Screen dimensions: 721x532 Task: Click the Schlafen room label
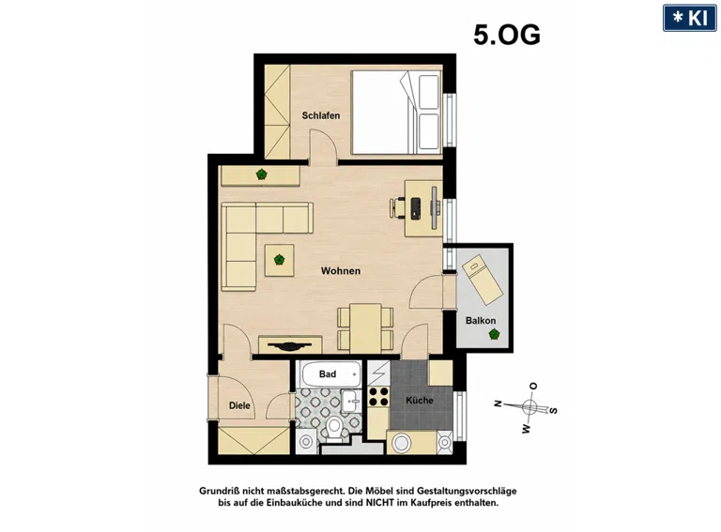pos(321,115)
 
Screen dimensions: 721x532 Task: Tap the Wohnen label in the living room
pos(341,271)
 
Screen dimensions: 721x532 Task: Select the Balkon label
pos(481,321)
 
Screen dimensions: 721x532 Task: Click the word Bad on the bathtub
pos(328,374)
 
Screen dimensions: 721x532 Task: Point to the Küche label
pos(420,400)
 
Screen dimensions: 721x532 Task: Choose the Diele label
pos(239,405)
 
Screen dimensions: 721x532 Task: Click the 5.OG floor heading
pos(507,35)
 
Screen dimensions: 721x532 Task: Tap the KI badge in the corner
pos(690,18)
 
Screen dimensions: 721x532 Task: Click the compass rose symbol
pos(529,407)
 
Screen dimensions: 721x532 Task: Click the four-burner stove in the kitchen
pos(378,397)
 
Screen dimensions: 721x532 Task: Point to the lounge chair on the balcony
pos(483,280)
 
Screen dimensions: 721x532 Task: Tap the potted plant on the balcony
pos(495,334)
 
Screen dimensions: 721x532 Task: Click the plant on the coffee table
pos(279,260)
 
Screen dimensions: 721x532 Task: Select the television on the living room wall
pos(289,345)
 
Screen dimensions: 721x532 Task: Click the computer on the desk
pos(416,208)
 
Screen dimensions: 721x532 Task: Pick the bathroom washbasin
pos(352,401)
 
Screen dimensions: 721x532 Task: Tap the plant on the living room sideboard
pos(262,175)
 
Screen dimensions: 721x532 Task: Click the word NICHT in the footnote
pos(380,503)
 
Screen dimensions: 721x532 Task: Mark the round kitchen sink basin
pos(401,443)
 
